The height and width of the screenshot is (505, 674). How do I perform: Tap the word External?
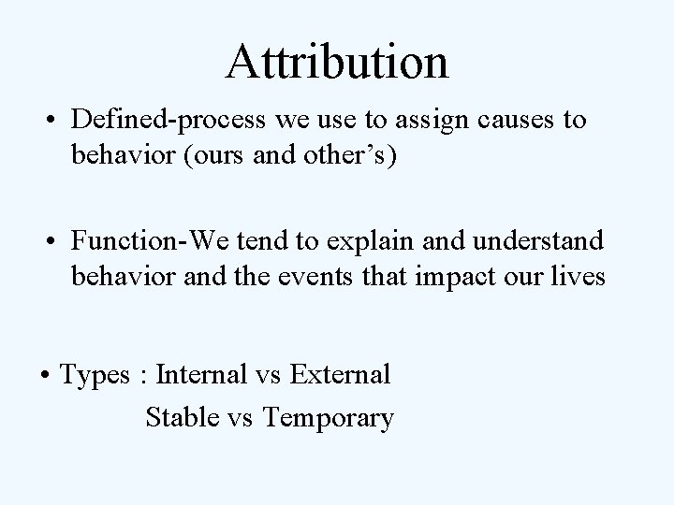tap(340, 375)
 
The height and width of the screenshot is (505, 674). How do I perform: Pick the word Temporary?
tap(329, 417)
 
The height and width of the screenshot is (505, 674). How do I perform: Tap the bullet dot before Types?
tap(44, 377)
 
